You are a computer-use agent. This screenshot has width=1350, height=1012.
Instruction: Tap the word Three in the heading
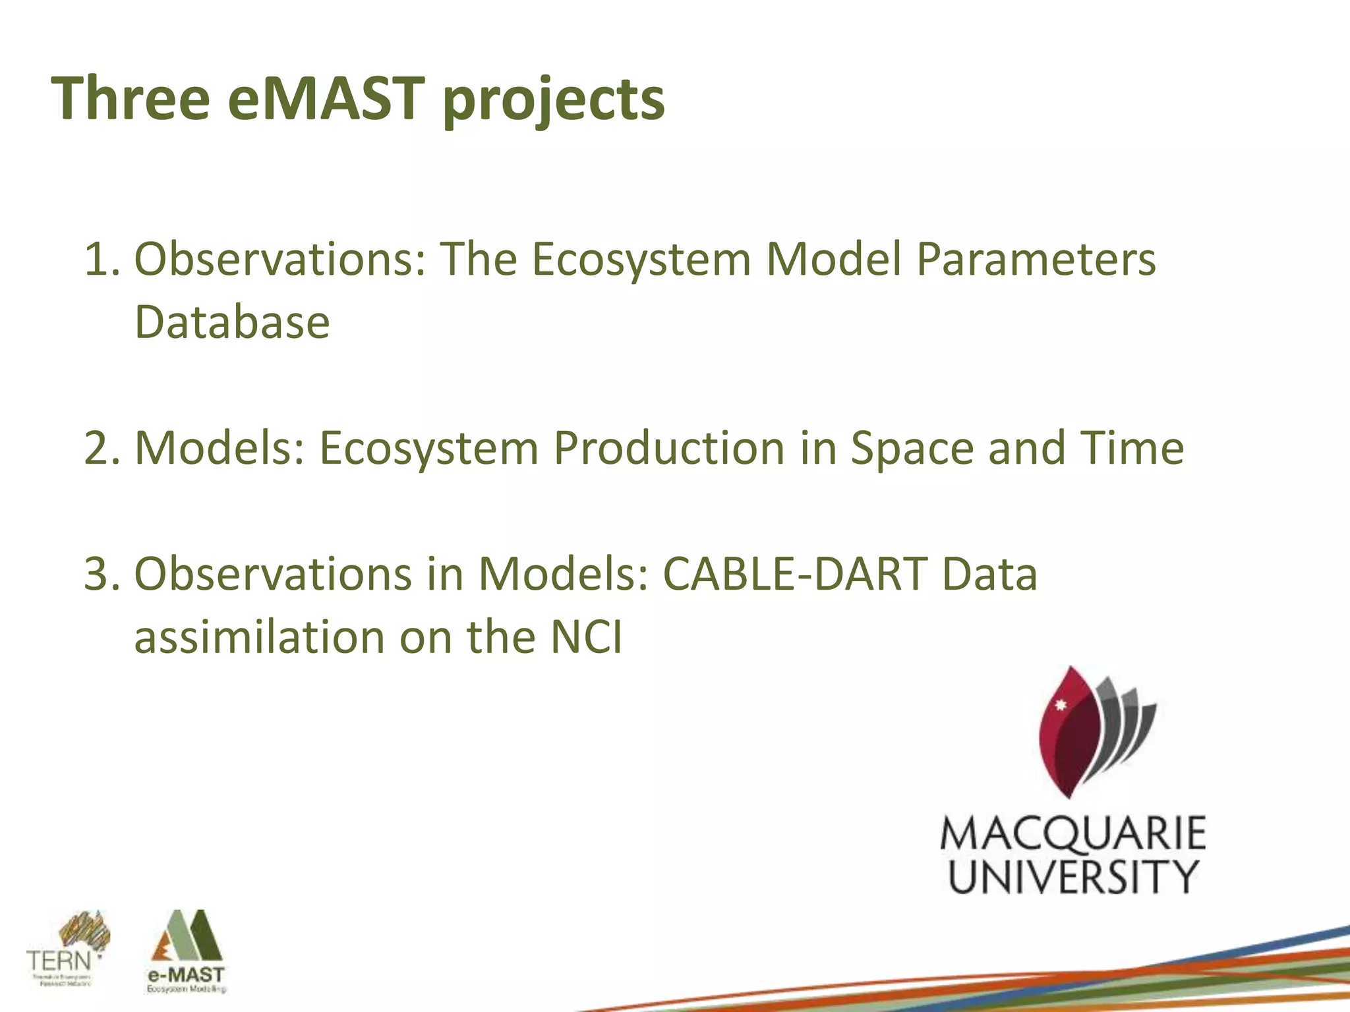tap(131, 99)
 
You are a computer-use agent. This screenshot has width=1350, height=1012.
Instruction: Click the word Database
tap(232, 322)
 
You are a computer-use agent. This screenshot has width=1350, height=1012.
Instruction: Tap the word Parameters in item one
tap(1036, 259)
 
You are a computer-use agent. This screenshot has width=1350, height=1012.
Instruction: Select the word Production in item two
tap(669, 448)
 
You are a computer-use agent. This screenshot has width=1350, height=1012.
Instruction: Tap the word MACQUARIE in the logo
tap(1072, 834)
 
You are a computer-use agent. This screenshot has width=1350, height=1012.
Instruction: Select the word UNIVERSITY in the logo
tap(1072, 877)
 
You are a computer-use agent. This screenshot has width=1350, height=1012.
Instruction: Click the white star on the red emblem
tap(1061, 706)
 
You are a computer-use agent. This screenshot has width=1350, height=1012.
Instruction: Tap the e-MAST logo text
tap(187, 974)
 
